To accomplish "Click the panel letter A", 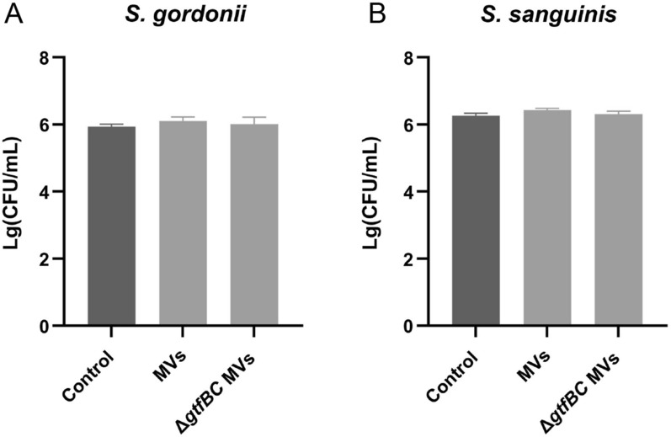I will (x=12, y=14).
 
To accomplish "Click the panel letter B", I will (x=355, y=14).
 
